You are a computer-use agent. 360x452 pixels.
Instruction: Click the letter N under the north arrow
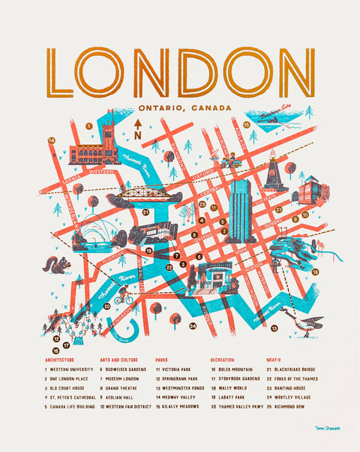click(x=137, y=135)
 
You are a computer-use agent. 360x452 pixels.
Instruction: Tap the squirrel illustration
click(x=58, y=264)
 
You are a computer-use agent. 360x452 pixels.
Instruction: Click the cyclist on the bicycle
click(x=124, y=297)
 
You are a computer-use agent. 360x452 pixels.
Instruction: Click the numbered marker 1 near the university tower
click(x=88, y=126)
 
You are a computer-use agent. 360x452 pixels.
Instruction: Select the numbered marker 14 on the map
click(x=52, y=140)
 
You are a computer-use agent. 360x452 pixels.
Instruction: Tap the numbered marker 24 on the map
click(x=193, y=325)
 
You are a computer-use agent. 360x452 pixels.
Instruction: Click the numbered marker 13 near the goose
click(x=274, y=328)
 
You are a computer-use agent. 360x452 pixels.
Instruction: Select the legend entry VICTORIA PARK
click(x=181, y=369)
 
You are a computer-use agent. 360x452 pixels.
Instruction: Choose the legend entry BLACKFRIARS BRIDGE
click(x=295, y=369)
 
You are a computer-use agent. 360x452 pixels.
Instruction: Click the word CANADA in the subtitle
click(x=211, y=108)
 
